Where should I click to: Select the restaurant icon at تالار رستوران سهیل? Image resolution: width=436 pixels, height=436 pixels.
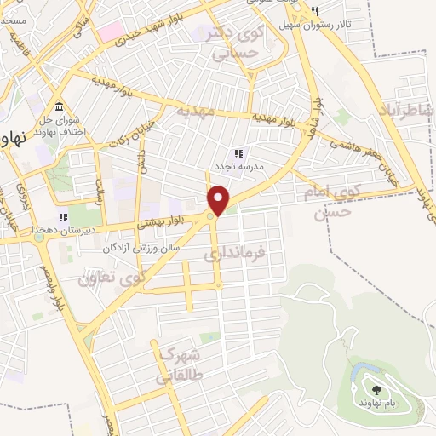point(314,11)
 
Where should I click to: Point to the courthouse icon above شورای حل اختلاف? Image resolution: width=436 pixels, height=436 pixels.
point(59,106)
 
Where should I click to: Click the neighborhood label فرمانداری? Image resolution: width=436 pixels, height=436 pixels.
point(236,254)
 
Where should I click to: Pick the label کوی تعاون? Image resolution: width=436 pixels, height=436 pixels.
point(112,277)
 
